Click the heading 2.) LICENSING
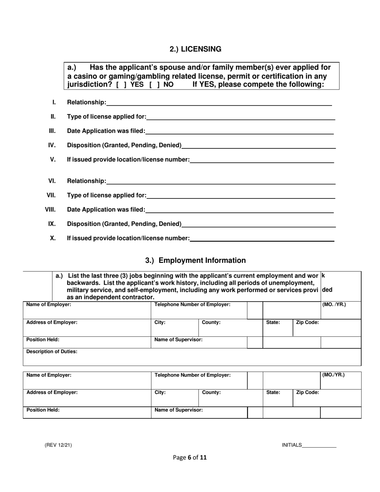195,49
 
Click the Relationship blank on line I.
219,103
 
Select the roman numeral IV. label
52,145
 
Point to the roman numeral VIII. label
50,209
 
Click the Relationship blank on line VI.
221,182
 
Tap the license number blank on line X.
262,239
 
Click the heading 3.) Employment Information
195,260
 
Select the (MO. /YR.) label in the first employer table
334,304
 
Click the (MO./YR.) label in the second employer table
333,375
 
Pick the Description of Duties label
52,352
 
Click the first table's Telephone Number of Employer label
192,304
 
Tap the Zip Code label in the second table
307,393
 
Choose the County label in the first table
211,322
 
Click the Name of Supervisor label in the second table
178,410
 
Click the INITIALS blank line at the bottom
319,445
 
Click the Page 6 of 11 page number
190,458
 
